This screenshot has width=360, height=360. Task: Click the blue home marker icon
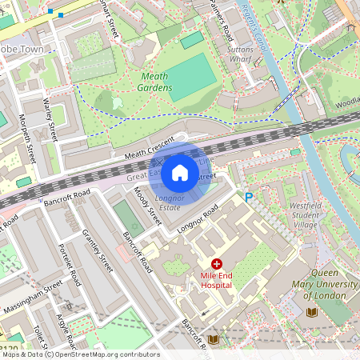coord(180,172)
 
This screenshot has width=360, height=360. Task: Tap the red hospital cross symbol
coord(216,264)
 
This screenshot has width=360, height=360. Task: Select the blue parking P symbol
coord(249,197)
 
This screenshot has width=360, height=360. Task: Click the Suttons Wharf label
coord(246,54)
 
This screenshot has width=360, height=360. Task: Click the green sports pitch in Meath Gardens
coord(192,78)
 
